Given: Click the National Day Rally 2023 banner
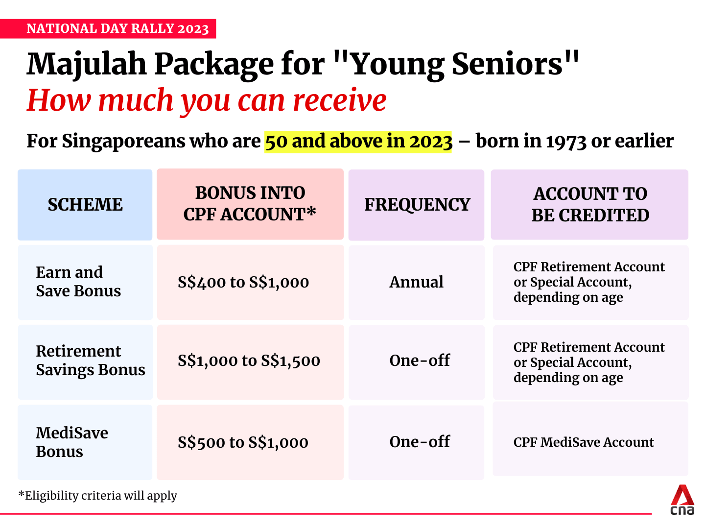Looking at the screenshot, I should pyautogui.click(x=117, y=28).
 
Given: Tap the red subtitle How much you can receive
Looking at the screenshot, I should pyautogui.click(x=206, y=100).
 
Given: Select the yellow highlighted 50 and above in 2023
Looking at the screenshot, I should pyautogui.click(x=358, y=141).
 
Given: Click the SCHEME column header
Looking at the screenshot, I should pyautogui.click(x=85, y=205).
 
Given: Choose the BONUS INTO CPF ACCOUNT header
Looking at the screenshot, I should pyautogui.click(x=250, y=204).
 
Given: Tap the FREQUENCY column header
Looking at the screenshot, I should pyautogui.click(x=417, y=205).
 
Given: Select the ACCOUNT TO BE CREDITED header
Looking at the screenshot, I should pyautogui.click(x=590, y=205).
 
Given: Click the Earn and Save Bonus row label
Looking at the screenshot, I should pyautogui.click(x=78, y=282).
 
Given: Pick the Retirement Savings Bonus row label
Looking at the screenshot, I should pyautogui.click(x=90, y=361).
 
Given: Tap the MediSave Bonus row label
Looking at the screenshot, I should pyautogui.click(x=72, y=442).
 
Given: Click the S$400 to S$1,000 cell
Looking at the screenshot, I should pyautogui.click(x=243, y=283).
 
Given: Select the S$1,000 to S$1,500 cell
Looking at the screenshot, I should pyautogui.click(x=249, y=361).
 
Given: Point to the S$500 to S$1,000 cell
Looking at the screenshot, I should pyautogui.click(x=243, y=443).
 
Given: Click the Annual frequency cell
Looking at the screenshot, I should pyautogui.click(x=416, y=282).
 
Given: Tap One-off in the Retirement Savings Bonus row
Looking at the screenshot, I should pyautogui.click(x=420, y=361).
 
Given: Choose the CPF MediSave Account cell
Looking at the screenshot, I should pyautogui.click(x=584, y=442).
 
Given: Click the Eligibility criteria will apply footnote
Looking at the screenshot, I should pyautogui.click(x=98, y=496).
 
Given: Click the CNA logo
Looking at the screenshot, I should pyautogui.click(x=682, y=500).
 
